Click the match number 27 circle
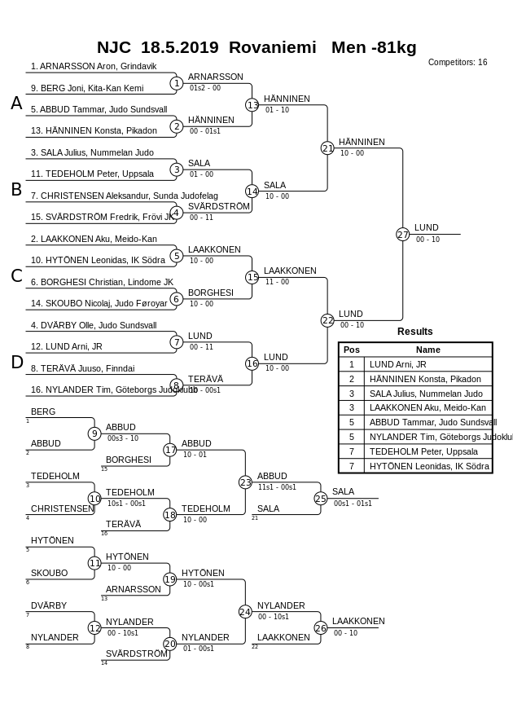[403, 235]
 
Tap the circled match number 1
[177, 83]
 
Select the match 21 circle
[327, 148]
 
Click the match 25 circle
[321, 499]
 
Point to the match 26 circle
[321, 628]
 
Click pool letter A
[16, 103]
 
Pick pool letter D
[16, 363]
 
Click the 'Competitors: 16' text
[458, 63]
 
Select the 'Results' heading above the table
[414, 332]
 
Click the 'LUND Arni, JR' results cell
[397, 364]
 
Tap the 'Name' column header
[427, 350]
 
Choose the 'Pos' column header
[352, 350]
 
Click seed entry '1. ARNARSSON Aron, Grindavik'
[94, 66]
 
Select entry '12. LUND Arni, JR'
[67, 346]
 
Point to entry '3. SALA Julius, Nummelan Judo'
[92, 152]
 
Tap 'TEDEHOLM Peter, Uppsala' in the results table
[412, 451]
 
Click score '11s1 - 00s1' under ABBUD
[277, 486]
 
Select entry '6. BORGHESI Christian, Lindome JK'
[102, 282]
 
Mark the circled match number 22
[327, 321]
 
